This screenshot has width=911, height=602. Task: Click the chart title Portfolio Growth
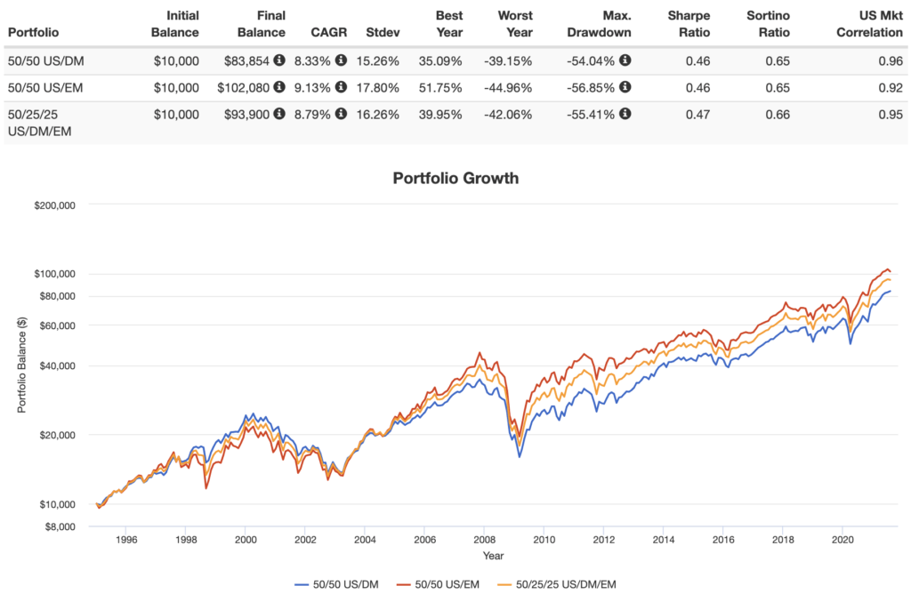(x=455, y=178)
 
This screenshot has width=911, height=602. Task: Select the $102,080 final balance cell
(x=242, y=87)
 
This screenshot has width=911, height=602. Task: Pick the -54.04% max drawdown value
(x=590, y=60)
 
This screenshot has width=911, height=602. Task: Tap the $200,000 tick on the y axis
(x=56, y=205)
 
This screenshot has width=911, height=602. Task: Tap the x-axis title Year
(x=493, y=555)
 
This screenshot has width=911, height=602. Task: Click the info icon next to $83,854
(x=279, y=60)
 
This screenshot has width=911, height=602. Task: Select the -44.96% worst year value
(x=510, y=87)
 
